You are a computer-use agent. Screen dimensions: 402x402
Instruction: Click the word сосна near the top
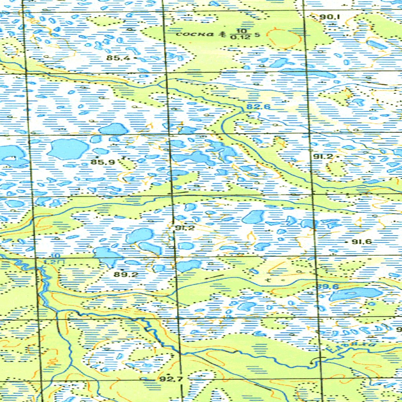pos(196,34)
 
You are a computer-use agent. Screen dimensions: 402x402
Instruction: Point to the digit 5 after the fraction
pos(257,35)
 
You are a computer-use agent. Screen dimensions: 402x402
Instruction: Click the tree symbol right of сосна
pos(223,34)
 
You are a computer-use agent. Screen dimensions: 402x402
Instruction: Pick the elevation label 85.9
pos(99,162)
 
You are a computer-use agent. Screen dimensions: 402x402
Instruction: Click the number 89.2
pos(126,274)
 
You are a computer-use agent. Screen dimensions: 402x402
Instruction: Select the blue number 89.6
pos(328,287)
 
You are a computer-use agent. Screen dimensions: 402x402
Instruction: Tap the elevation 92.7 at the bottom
pos(170,379)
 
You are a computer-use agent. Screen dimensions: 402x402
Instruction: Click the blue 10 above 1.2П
pos(52,256)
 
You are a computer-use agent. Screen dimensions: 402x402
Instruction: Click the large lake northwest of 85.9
pos(68,149)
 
